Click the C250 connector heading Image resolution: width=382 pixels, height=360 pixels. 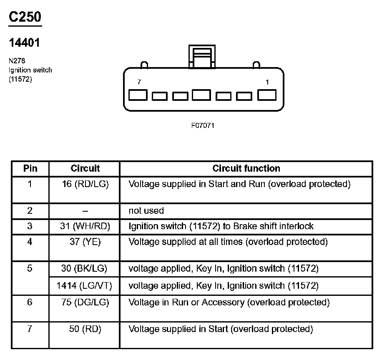[x=25, y=17]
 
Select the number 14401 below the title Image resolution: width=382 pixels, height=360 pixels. [x=25, y=43]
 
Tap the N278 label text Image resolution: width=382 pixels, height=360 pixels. [x=17, y=61]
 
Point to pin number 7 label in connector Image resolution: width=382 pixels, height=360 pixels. [x=139, y=82]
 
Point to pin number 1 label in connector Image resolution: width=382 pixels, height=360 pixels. [x=267, y=82]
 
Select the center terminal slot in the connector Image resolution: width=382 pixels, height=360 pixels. [x=201, y=95]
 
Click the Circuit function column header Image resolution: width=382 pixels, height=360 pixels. [x=246, y=168]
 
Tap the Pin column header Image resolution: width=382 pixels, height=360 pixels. [x=30, y=168]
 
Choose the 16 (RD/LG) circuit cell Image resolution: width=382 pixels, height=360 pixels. [x=85, y=184]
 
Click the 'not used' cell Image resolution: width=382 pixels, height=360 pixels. [x=146, y=210]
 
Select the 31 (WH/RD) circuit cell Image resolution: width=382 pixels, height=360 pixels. [x=85, y=226]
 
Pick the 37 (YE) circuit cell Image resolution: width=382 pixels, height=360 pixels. [x=85, y=242]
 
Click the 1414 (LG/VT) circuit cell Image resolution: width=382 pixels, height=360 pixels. [x=84, y=286]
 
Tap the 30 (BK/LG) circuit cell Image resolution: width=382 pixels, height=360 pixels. [x=84, y=269]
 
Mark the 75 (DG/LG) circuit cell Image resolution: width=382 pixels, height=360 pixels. [x=85, y=302]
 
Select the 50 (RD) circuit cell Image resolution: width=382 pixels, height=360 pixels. [x=85, y=329]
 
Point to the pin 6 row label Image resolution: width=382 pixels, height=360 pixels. [x=30, y=302]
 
